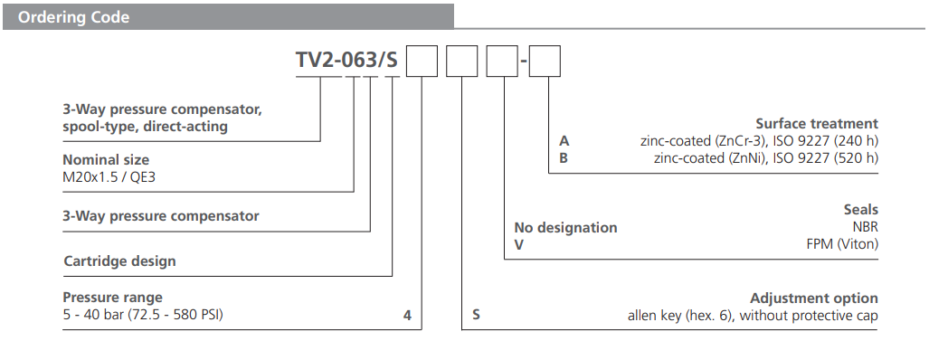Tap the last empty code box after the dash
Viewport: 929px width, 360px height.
[x=545, y=62]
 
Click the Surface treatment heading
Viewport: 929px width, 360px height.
[x=816, y=123]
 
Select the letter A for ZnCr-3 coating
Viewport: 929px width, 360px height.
[x=564, y=140]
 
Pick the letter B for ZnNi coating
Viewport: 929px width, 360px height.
[x=564, y=157]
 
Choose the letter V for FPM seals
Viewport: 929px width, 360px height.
[x=519, y=244]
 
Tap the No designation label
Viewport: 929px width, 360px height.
[x=565, y=227]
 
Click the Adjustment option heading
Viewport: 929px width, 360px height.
[x=814, y=298]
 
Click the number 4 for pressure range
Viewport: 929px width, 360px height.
[x=407, y=316]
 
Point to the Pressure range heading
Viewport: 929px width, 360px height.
[x=112, y=298]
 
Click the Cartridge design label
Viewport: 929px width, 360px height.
[x=119, y=261]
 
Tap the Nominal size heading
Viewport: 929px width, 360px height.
[x=105, y=159]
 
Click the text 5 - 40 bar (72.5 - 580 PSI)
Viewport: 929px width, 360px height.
[x=142, y=315]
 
